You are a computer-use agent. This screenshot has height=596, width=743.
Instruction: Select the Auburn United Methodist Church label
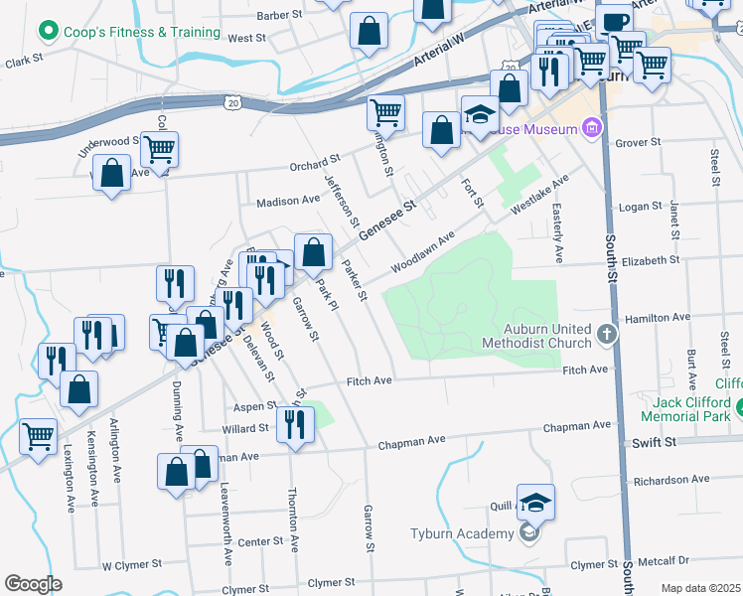[536, 336]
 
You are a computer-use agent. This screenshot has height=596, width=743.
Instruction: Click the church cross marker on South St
[609, 336]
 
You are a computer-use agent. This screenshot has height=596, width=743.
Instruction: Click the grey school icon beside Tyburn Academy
[529, 534]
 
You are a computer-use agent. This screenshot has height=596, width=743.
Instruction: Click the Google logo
[33, 584]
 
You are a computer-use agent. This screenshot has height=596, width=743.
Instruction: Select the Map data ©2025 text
[700, 588]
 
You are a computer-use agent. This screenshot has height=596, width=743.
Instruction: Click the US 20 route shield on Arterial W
[232, 102]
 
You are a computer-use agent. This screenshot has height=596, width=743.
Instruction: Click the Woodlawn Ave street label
[422, 252]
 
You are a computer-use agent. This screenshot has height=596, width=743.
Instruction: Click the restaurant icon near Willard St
[296, 424]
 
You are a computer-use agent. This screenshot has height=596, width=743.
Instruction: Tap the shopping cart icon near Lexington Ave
[38, 435]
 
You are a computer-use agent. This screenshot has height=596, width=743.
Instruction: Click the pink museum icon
[592, 128]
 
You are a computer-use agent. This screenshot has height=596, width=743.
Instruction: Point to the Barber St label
[278, 15]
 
